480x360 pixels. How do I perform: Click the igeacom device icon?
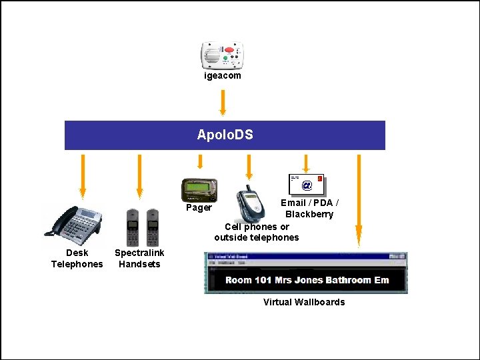click(223, 56)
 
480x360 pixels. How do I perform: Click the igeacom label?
click(223, 76)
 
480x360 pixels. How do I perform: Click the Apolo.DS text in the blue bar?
click(225, 135)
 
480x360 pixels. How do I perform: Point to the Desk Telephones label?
click(77, 259)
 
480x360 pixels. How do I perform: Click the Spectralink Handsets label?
click(139, 259)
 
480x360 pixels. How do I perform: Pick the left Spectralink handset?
click(133, 227)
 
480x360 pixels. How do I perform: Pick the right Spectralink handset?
click(153, 227)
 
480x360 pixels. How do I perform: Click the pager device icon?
click(199, 190)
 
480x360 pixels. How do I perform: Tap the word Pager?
click(199, 208)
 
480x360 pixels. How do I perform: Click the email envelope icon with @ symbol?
click(307, 184)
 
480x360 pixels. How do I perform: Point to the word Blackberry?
click(309, 215)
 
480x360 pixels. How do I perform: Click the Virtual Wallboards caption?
click(304, 303)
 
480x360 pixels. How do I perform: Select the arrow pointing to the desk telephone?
click(83, 177)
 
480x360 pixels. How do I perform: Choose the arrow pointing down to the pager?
click(199, 163)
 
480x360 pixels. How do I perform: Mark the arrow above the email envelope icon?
click(306, 163)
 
